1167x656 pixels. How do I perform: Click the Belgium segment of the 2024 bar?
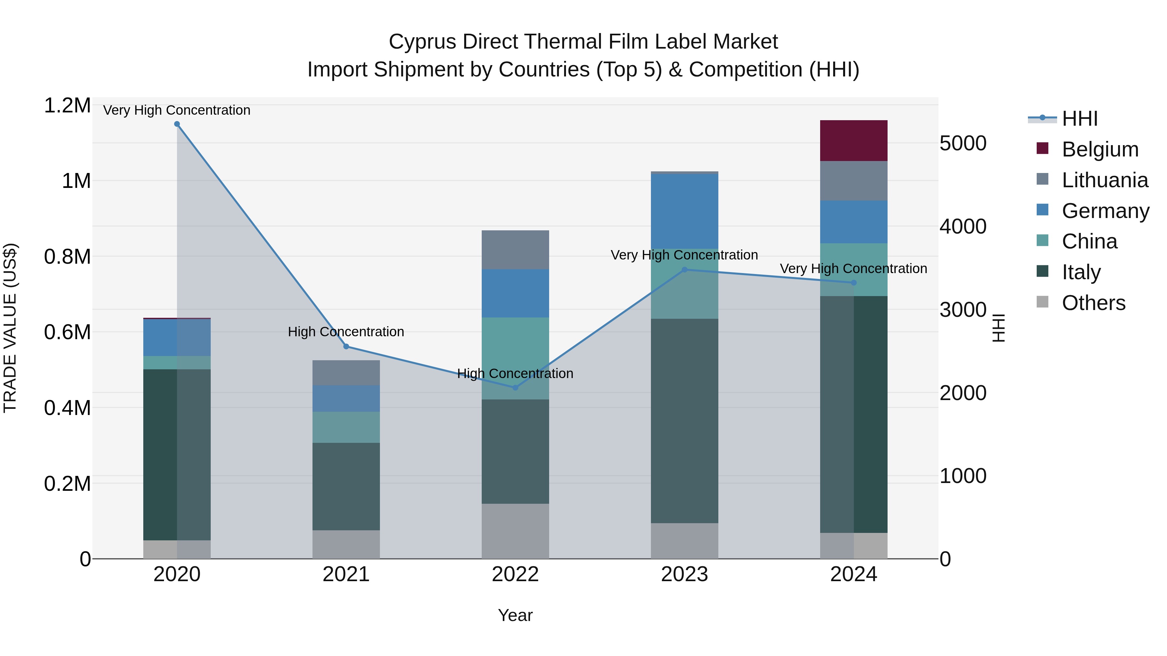(x=854, y=140)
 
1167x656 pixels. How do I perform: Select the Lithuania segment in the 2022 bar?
(x=515, y=249)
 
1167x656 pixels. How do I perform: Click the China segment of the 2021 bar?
(x=346, y=427)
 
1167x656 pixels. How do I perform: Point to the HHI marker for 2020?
(x=177, y=124)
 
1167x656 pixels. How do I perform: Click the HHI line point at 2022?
(x=515, y=387)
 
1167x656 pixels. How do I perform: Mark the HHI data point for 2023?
(x=685, y=270)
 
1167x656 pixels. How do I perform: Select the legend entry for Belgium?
(x=1100, y=149)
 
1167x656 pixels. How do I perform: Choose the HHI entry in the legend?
(x=1079, y=119)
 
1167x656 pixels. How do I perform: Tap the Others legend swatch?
(x=1043, y=302)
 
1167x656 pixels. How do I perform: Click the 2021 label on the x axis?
(x=346, y=574)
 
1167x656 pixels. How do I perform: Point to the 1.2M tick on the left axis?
(x=67, y=106)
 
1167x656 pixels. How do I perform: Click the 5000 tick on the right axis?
(x=963, y=143)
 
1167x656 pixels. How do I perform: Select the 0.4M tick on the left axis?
(x=67, y=408)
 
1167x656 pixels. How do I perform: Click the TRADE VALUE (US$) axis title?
(x=10, y=328)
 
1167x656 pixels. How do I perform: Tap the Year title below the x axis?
(x=515, y=615)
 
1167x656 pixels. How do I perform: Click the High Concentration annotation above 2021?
(x=346, y=332)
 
